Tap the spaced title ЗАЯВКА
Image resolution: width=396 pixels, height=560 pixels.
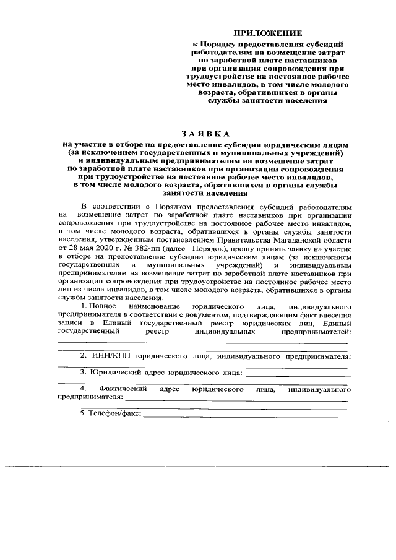(x=205, y=133)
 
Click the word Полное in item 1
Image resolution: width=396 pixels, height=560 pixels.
(x=103, y=306)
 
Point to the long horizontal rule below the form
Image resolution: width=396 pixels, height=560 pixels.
(x=198, y=465)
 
